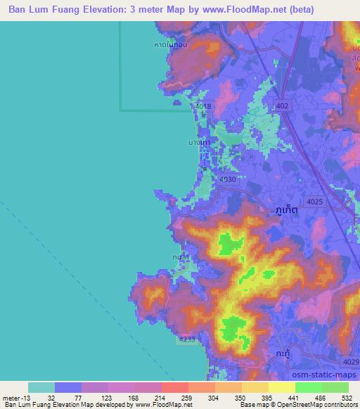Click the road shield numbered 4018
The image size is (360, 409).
tap(204, 106)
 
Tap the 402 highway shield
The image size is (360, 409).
tap(283, 106)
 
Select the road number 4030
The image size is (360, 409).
tap(226, 180)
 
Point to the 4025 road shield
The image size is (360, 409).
tap(315, 202)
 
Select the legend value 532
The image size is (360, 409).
tap(347, 397)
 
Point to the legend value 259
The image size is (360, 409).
tap(187, 397)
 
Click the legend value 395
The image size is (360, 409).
tap(267, 397)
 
